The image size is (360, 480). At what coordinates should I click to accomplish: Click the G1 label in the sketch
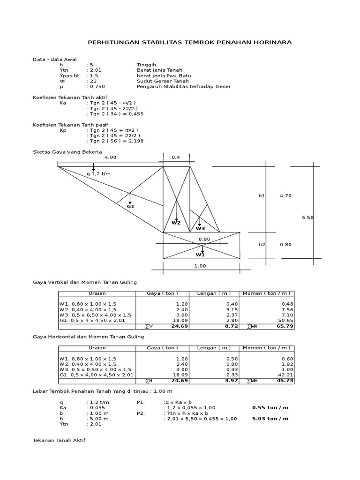pyautogui.click(x=131, y=206)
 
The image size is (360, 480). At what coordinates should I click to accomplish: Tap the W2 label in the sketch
pyautogui.click(x=176, y=223)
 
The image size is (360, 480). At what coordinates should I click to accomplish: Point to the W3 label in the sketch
pyautogui.click(x=200, y=228)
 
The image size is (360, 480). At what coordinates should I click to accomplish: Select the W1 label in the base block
pyautogui.click(x=200, y=255)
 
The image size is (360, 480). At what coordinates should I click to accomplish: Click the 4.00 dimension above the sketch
pyautogui.click(x=110, y=157)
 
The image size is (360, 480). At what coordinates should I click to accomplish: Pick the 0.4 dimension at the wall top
pyautogui.click(x=176, y=157)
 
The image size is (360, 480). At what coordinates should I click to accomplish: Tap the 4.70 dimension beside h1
pyautogui.click(x=285, y=195)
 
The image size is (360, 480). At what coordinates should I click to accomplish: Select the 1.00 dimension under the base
pyautogui.click(x=200, y=266)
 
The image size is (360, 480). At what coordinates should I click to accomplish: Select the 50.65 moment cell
pyautogui.click(x=285, y=321)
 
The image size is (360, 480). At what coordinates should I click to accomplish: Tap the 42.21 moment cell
pyautogui.click(x=285, y=375)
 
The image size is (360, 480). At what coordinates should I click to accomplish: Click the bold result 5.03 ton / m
pyautogui.click(x=270, y=419)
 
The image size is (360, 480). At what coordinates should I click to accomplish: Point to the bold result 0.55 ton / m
pyautogui.click(x=270, y=407)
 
